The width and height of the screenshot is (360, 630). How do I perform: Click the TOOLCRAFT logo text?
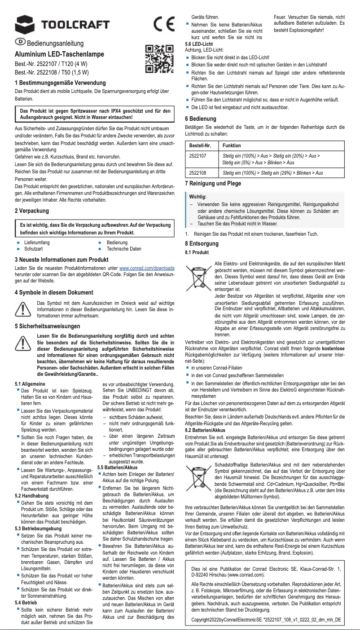(x=75, y=24)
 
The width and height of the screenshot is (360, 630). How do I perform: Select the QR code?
(x=159, y=59)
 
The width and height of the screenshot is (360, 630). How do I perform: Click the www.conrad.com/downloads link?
(x=146, y=268)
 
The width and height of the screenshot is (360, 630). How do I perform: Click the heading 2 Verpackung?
(x=32, y=211)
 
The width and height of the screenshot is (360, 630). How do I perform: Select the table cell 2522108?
(x=198, y=172)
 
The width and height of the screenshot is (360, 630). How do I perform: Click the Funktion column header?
(x=232, y=145)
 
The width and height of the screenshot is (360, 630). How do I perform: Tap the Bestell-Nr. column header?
(x=200, y=145)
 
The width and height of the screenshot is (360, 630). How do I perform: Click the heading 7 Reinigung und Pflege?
(x=213, y=184)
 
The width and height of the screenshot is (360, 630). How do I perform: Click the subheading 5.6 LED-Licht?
(x=199, y=44)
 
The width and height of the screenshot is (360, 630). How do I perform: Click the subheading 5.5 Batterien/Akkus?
(x=117, y=467)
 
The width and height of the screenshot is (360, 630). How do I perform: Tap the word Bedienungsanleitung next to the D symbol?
(x=55, y=44)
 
